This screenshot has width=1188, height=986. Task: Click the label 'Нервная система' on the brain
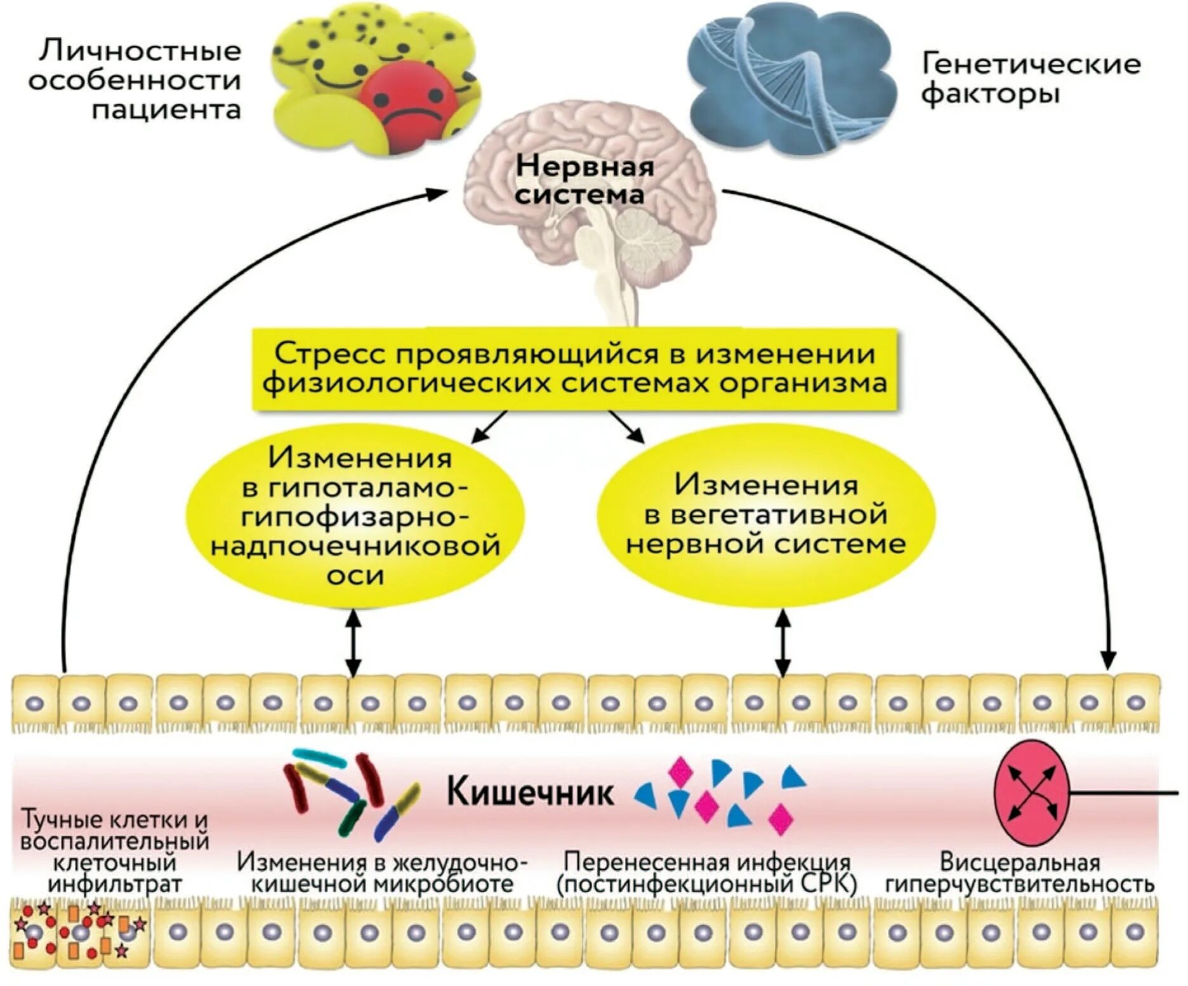(584, 180)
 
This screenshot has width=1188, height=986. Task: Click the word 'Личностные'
(140, 51)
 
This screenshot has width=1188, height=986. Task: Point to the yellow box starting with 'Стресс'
(574, 369)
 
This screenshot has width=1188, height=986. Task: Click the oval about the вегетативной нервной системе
(766, 514)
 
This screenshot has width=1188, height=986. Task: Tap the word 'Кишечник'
(530, 792)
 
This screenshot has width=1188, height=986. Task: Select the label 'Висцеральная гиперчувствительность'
(1019, 874)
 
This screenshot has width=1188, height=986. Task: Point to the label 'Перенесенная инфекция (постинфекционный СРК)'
(706, 874)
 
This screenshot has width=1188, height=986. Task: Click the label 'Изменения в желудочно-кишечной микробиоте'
(382, 874)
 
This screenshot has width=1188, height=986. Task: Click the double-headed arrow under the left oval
(353, 643)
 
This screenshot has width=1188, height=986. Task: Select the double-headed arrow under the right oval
(784, 643)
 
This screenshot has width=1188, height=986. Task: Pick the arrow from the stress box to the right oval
(626, 427)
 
